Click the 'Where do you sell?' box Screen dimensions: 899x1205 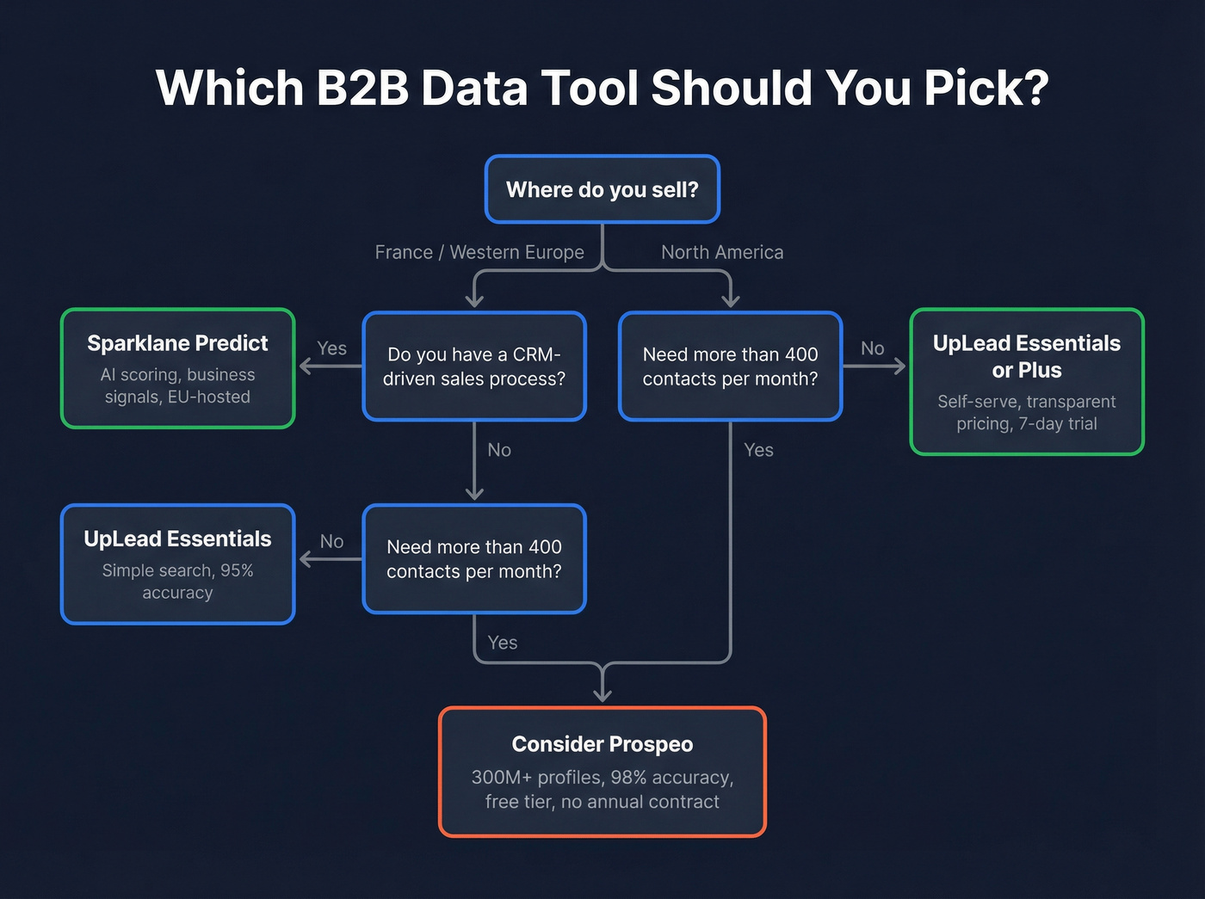coord(602,189)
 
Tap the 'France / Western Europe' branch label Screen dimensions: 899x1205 coord(479,252)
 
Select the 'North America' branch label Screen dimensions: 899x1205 coord(722,252)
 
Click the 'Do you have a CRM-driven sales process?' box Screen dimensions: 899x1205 coord(474,366)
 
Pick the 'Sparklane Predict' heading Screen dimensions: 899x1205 coord(177,343)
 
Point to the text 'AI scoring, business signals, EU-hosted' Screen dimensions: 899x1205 coord(177,385)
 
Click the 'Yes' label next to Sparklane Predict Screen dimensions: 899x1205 coord(331,348)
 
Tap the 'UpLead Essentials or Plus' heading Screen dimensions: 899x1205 coord(1026,356)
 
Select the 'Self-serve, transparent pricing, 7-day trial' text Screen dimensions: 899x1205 coord(1026,412)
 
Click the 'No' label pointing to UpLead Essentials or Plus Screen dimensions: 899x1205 coord(872,348)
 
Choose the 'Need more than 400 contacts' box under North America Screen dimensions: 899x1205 coord(730,366)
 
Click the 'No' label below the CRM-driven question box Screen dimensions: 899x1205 coord(499,450)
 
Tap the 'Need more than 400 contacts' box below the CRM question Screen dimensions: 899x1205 coord(474,559)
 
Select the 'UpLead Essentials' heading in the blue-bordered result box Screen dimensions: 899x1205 coord(177,539)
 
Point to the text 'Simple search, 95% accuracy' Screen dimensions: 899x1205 coord(177,582)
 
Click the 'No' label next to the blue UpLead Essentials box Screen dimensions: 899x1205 coord(331,541)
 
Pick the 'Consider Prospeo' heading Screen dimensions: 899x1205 coord(602,744)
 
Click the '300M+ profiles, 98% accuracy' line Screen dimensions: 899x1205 coord(602,778)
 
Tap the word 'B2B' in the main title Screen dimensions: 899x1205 coord(362,88)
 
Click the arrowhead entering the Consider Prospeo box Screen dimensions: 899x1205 coord(602,695)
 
